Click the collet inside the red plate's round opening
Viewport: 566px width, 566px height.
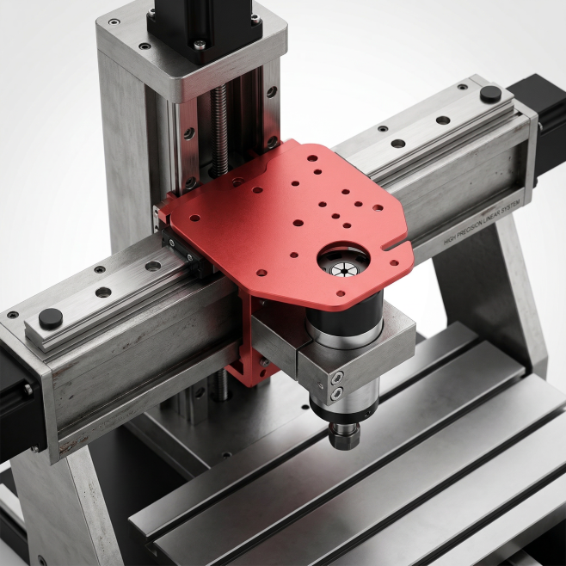tap(340, 269)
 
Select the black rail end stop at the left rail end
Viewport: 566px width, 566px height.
tap(51, 318)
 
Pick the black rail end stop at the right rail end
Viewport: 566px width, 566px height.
tap(490, 94)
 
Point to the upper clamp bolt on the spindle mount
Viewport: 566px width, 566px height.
tap(337, 378)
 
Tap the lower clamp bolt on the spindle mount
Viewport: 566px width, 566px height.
tap(337, 393)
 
